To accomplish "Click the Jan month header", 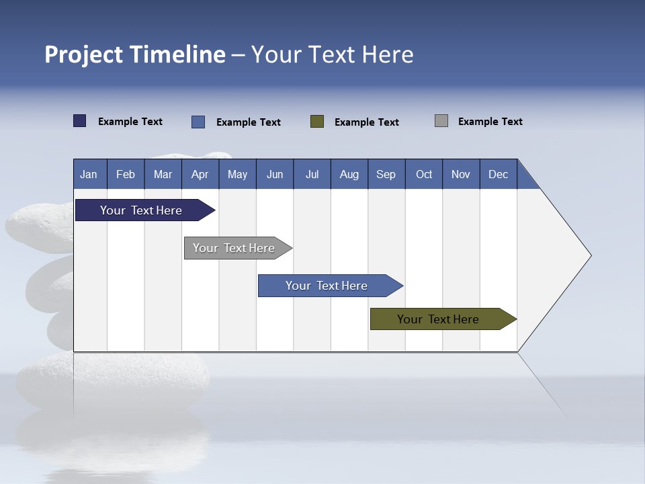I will click(89, 174).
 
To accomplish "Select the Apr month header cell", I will click(200, 174).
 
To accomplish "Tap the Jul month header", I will click(312, 174).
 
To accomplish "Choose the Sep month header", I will click(386, 174).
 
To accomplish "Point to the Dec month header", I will click(499, 174).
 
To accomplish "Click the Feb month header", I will click(126, 174).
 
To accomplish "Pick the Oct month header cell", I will click(424, 174).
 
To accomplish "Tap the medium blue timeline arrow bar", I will click(327, 286).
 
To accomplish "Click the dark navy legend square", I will click(80, 121).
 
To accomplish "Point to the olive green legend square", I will click(317, 122).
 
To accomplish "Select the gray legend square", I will click(441, 121).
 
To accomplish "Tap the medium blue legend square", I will click(198, 122).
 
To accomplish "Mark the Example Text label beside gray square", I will click(490, 122).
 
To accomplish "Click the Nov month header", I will click(461, 174).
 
